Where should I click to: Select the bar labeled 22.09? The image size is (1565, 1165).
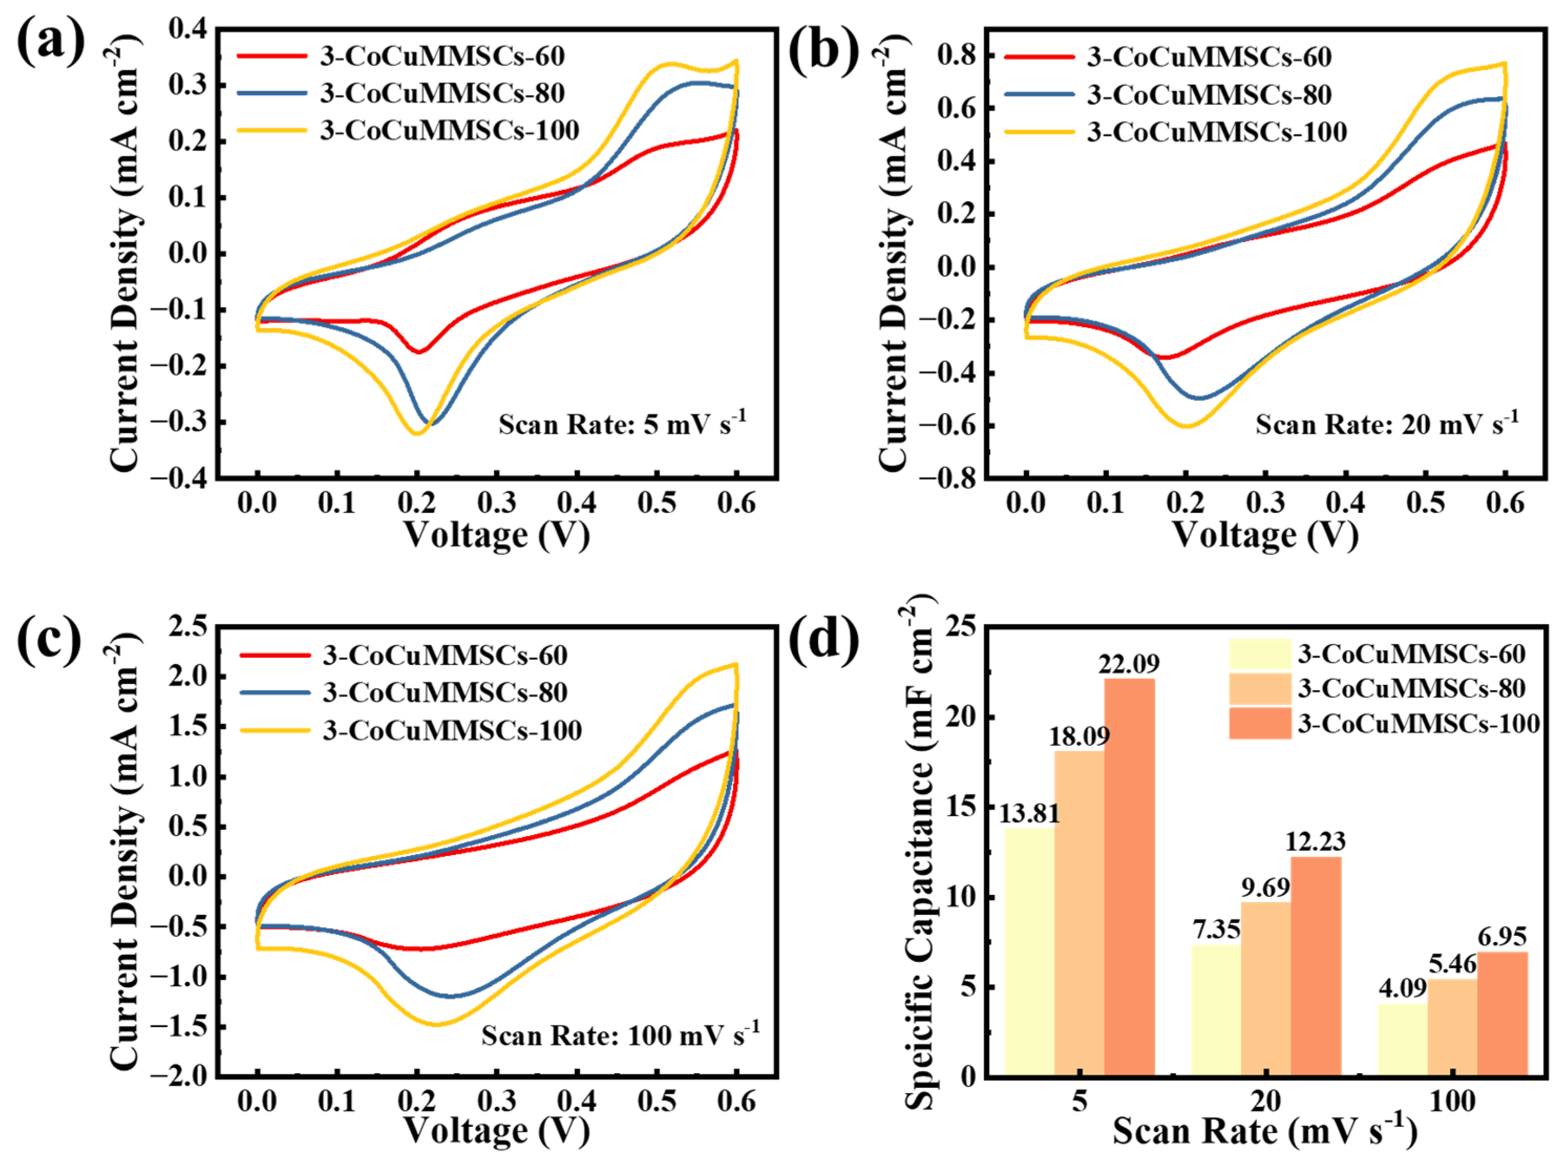click(x=1129, y=877)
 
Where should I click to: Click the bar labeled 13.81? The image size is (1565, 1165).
click(x=1029, y=952)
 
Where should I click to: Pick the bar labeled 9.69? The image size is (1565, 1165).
click(x=1266, y=989)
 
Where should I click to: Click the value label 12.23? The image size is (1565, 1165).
click(x=1315, y=841)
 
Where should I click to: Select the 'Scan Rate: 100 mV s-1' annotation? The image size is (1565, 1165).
click(x=621, y=1034)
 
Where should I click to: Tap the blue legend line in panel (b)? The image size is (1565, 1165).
click(x=1039, y=94)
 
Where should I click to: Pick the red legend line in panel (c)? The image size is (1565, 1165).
click(x=275, y=655)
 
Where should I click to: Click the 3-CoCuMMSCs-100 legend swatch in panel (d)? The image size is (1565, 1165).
click(x=1260, y=723)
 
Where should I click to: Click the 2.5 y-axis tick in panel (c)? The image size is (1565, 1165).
click(x=188, y=626)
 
